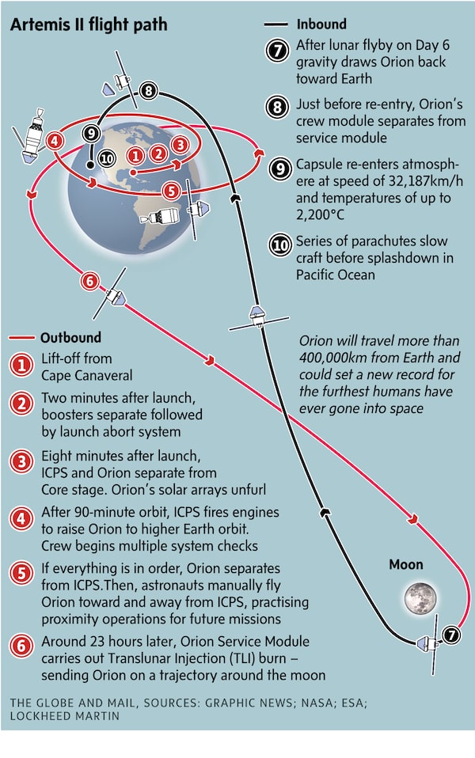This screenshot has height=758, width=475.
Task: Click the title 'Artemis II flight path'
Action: [89, 25]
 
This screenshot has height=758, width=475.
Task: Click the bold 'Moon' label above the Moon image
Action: [405, 565]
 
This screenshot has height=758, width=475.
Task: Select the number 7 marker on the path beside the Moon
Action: [450, 634]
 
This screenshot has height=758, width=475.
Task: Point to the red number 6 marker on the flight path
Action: [90, 281]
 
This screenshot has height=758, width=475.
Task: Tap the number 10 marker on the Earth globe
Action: [107, 158]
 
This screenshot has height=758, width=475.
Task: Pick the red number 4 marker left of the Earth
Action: [55, 142]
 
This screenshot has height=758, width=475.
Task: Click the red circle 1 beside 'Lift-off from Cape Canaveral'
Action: [21, 366]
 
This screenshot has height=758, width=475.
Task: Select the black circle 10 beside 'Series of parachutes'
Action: [280, 245]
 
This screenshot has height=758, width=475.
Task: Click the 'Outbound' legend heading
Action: [70, 337]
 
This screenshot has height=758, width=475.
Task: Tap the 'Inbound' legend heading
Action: [321, 25]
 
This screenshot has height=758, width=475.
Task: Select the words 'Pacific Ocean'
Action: [336, 275]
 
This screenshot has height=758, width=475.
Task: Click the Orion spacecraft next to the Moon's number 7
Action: [426, 640]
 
